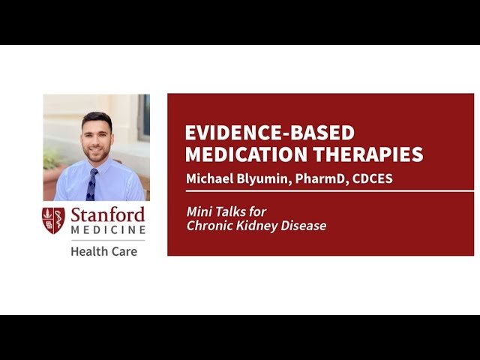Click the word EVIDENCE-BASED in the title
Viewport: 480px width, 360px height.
click(x=270, y=133)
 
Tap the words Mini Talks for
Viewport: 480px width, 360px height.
click(x=226, y=212)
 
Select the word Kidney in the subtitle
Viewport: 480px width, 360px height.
click(x=255, y=226)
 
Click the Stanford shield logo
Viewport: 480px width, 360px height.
click(x=53, y=220)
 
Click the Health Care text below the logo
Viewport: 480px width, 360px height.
click(x=103, y=251)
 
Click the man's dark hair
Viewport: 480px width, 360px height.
click(x=96, y=118)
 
